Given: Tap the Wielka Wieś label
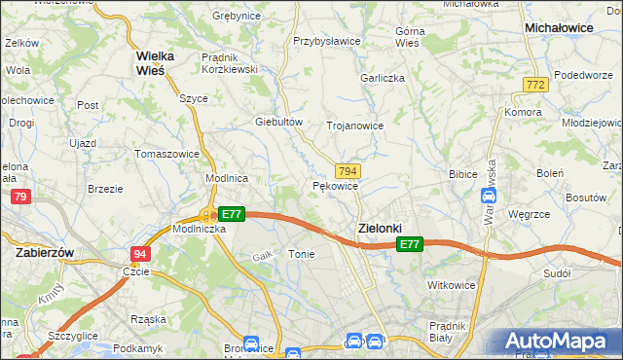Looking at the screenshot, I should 149,62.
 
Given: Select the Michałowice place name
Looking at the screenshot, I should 559,28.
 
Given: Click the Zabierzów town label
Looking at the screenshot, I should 46,251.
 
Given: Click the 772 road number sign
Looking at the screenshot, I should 533,86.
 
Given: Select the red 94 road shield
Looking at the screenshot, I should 141,253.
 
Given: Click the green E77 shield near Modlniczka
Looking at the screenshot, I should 231,213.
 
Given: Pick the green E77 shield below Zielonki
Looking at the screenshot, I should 410,246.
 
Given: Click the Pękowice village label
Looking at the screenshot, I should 337,185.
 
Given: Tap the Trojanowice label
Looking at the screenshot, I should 354,126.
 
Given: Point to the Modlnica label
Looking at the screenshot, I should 227,179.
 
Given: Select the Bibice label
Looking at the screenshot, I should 461,174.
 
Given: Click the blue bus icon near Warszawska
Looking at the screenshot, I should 489,196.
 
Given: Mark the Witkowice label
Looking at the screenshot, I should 452,284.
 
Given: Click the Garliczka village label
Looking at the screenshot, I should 382,78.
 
